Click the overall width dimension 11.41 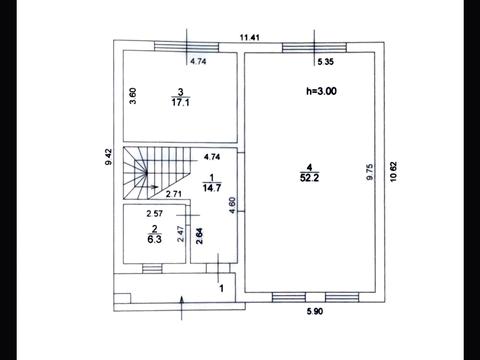(250, 37)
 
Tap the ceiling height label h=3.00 (321, 91)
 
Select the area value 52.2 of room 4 (309, 178)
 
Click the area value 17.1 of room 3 (180, 102)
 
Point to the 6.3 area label (154, 239)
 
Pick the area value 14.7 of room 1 (212, 188)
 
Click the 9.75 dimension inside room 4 (369, 172)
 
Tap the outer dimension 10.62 (393, 172)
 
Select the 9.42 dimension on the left (109, 157)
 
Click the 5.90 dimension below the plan (315, 311)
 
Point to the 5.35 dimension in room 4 (326, 62)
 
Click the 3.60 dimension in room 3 (133, 96)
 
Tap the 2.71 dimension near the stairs (173, 194)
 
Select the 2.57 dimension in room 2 (155, 213)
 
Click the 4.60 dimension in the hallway (232, 205)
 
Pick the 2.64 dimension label (199, 236)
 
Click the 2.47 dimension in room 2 (180, 234)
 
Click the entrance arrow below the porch (182, 308)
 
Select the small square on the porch (122, 298)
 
